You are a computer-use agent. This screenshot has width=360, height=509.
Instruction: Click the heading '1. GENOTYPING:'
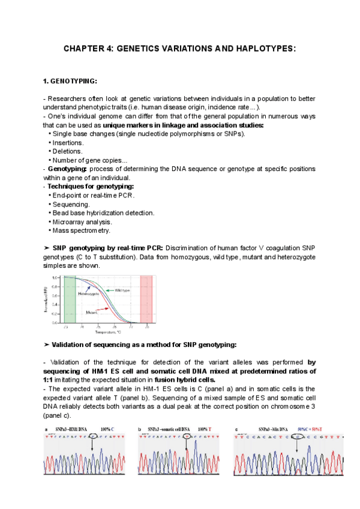click(70, 81)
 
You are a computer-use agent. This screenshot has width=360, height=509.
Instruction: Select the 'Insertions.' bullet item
click(68, 143)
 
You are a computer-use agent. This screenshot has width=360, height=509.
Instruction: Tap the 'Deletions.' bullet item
click(67, 151)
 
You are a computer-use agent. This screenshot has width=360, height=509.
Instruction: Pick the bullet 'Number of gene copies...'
click(89, 160)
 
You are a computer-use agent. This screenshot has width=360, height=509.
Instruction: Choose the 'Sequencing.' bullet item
click(71, 204)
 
